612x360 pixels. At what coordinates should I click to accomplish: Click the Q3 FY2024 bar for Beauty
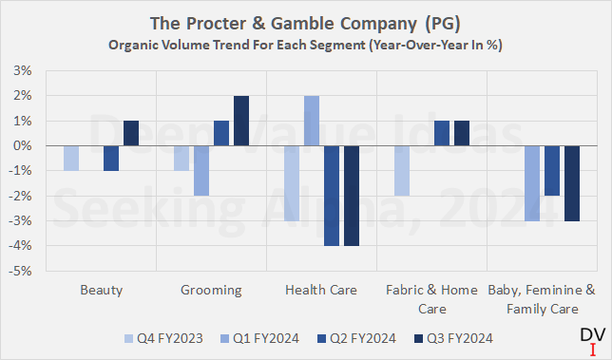click(131, 133)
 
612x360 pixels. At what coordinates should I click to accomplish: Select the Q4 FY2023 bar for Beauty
click(71, 158)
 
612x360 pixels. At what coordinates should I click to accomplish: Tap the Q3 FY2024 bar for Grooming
click(241, 121)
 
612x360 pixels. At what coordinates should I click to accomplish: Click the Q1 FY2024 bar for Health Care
click(311, 121)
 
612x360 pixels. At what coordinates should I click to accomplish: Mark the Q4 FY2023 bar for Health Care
click(291, 182)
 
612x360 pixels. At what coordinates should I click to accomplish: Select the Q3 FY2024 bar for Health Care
click(352, 195)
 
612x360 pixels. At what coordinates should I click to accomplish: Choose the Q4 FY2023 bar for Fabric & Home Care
click(401, 170)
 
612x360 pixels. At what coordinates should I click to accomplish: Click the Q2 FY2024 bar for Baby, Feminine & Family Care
click(551, 170)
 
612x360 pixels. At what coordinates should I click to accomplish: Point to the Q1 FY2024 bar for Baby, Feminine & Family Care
click(531, 182)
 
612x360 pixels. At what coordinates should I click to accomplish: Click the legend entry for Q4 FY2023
click(162, 337)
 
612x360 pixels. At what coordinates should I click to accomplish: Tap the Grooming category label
click(211, 289)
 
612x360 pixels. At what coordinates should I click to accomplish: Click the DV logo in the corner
click(589, 338)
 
